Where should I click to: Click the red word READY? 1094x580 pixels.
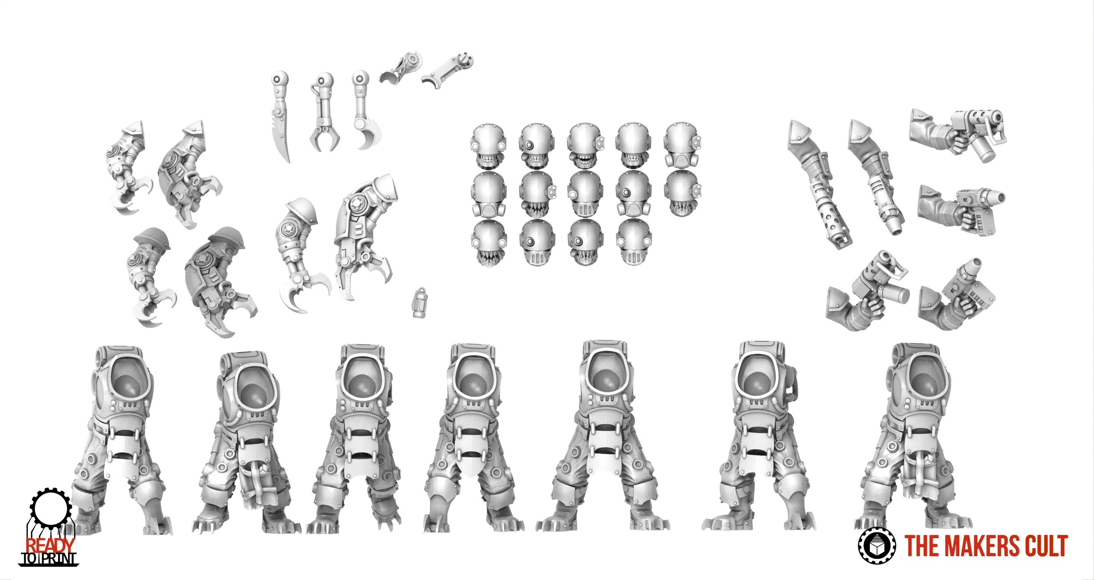(x=50, y=546)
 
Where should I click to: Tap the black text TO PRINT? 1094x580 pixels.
(x=49, y=559)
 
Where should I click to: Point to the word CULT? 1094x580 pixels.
(x=1047, y=546)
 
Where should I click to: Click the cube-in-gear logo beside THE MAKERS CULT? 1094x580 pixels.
(x=877, y=546)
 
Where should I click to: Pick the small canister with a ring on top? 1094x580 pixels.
(x=420, y=303)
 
